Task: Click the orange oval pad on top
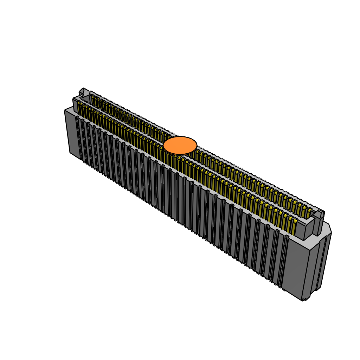pyautogui.click(x=180, y=145)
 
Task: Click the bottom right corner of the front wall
pyautogui.click(x=302, y=300)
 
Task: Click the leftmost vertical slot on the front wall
pyautogui.click(x=78, y=137)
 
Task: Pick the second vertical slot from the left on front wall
pyautogui.click(x=84, y=141)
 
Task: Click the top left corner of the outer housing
pyautogui.click(x=65, y=110)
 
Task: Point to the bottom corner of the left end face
pyautogui.click(x=70, y=153)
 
